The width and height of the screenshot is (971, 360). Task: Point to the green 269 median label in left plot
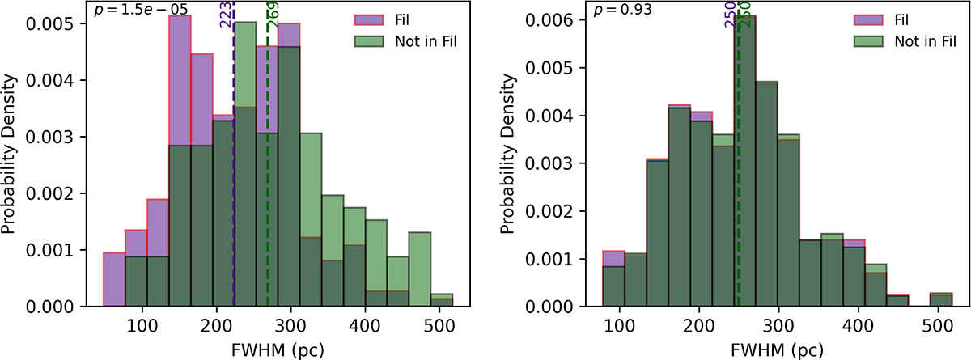[x=273, y=15]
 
